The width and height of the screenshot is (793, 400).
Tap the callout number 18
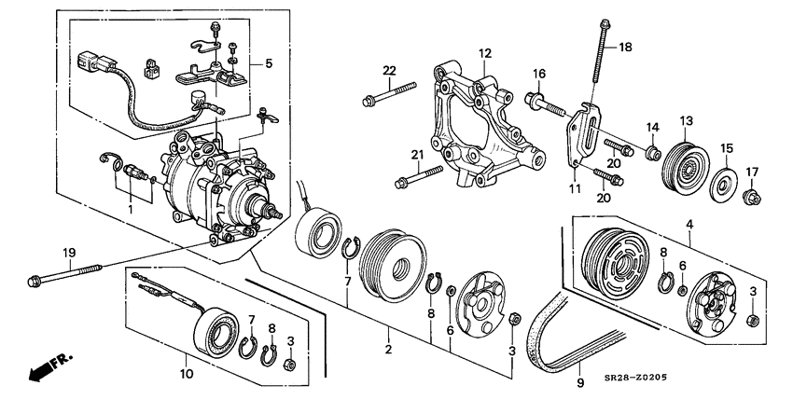(625, 46)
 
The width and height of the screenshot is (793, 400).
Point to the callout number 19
(68, 253)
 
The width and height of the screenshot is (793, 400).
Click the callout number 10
(186, 374)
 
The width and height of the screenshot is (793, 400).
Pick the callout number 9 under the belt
(578, 381)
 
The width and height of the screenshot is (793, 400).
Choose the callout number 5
(269, 63)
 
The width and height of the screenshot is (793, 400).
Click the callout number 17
(752, 172)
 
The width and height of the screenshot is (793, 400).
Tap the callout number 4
(689, 223)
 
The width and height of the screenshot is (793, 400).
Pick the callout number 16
(539, 74)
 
